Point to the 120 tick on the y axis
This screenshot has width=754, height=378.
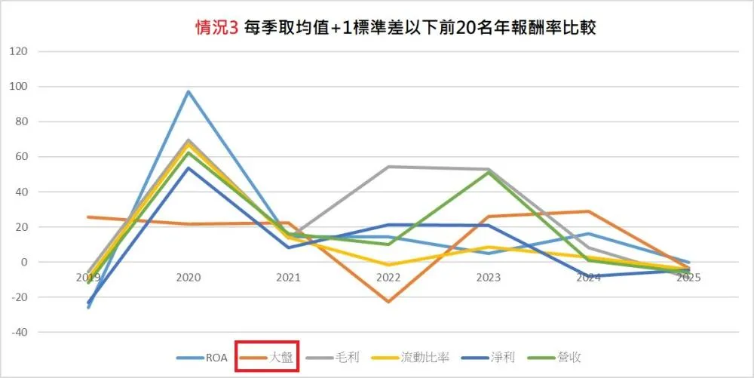point(18,51)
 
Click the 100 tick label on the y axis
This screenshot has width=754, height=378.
point(18,87)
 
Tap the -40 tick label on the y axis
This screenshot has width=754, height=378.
point(18,332)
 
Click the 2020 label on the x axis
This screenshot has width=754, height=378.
point(188,278)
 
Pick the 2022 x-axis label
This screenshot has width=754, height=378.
point(389,278)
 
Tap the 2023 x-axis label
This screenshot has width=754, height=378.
point(489,278)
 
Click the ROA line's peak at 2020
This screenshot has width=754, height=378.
point(188,91)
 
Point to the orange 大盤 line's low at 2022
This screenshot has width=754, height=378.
point(389,302)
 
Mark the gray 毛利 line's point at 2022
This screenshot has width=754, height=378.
point(389,167)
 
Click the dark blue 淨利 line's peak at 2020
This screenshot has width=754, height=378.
point(188,167)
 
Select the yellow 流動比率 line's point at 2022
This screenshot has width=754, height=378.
point(389,265)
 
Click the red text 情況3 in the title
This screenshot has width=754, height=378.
point(216,29)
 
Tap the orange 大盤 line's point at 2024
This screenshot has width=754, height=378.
point(589,211)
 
